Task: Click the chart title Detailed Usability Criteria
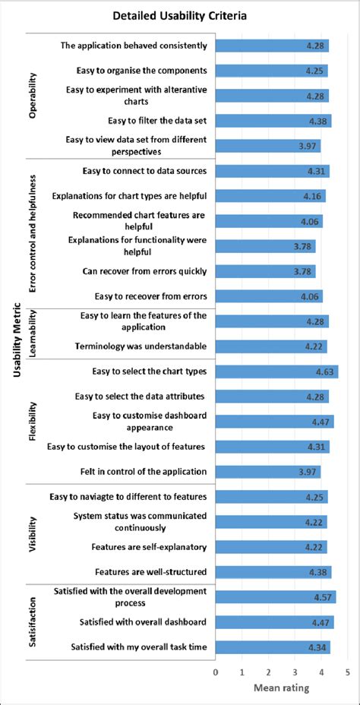179,15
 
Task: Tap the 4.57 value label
324,597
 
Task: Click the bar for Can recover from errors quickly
265,271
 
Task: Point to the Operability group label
33,95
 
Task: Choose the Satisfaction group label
33,621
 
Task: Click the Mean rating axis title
281,688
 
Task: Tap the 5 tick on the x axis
347,672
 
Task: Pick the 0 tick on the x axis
216,672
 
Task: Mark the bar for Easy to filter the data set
273,120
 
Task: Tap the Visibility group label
33,534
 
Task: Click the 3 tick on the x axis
295,672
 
